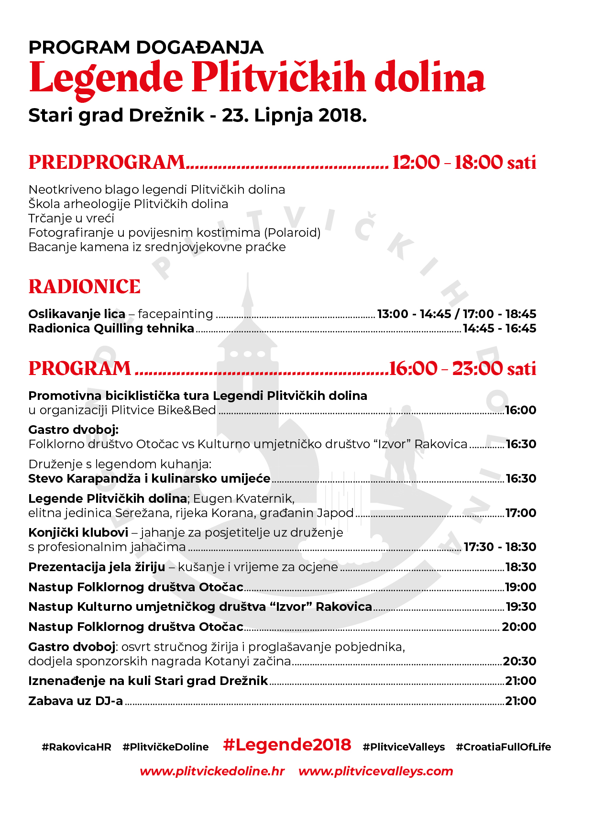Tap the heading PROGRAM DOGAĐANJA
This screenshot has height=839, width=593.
(x=146, y=47)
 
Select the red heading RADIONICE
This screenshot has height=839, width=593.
(x=85, y=287)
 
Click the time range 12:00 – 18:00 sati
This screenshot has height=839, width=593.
(x=464, y=163)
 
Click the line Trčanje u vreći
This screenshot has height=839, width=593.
(x=71, y=219)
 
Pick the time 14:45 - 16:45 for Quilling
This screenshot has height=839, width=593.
(x=499, y=329)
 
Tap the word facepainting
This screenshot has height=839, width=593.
(x=175, y=314)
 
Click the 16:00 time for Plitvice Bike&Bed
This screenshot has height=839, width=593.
(x=521, y=410)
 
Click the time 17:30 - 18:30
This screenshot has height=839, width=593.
(x=500, y=547)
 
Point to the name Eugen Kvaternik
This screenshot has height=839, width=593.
(x=243, y=499)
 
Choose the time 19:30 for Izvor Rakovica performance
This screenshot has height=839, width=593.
(x=521, y=607)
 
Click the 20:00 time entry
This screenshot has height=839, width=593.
(x=519, y=627)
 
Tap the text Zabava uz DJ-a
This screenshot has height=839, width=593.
(x=76, y=701)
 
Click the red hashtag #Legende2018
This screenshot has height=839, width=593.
(x=287, y=745)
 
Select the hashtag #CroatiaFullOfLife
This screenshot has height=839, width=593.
(x=503, y=747)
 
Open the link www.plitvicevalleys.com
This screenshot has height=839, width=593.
(x=375, y=772)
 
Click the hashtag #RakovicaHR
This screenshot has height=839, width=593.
(x=77, y=747)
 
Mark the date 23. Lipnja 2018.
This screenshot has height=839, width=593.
(x=294, y=116)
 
